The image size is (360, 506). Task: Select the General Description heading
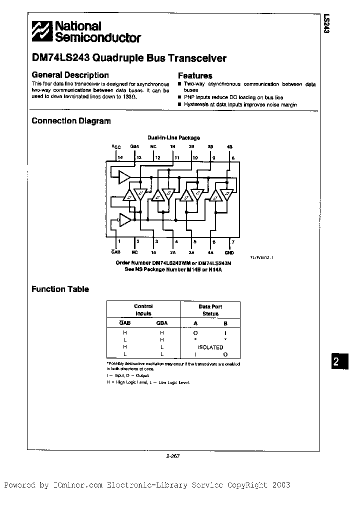click(70, 75)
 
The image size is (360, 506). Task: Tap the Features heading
click(195, 75)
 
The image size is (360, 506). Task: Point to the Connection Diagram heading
click(71, 120)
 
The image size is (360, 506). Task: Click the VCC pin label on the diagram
click(116, 146)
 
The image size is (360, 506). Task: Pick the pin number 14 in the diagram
click(120, 157)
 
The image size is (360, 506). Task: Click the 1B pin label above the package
click(172, 146)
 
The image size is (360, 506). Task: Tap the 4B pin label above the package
click(229, 146)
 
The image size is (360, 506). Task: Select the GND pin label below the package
click(229, 253)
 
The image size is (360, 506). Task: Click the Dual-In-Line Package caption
click(173, 137)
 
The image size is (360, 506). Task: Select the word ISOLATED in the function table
click(210, 347)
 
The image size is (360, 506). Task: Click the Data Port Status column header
click(210, 310)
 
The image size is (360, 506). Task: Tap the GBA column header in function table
click(162, 323)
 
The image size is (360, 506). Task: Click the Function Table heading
click(60, 289)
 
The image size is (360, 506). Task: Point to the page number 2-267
click(173, 455)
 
